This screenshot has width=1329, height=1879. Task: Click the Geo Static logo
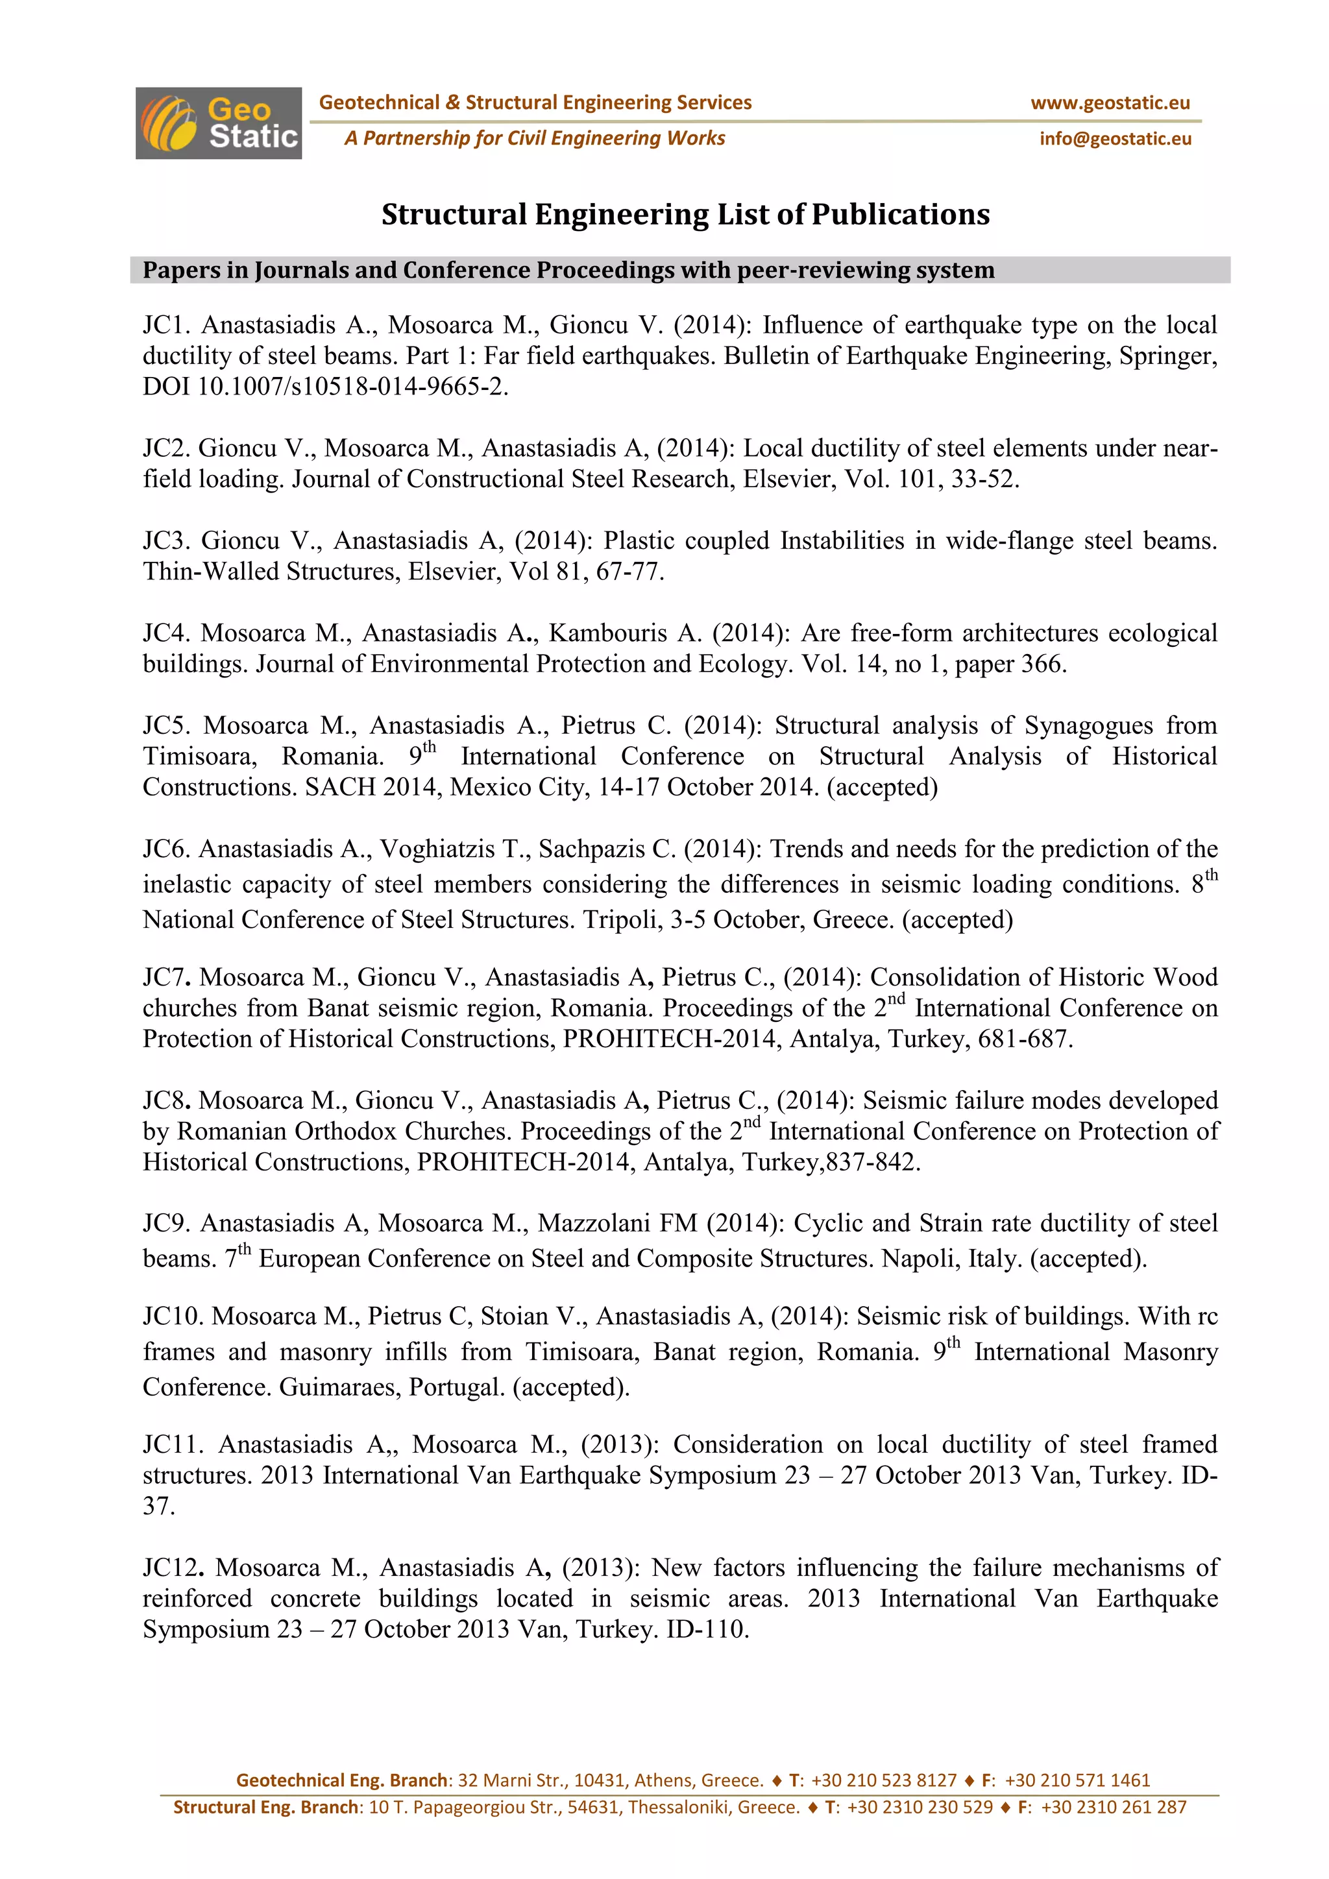[x=219, y=123]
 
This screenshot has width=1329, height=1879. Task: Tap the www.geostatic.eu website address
[x=1110, y=103]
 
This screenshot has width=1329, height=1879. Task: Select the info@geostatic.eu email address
[x=1115, y=139]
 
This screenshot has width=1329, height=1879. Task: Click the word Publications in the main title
[x=900, y=214]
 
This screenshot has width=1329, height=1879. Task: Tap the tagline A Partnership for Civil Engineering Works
[x=534, y=138]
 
